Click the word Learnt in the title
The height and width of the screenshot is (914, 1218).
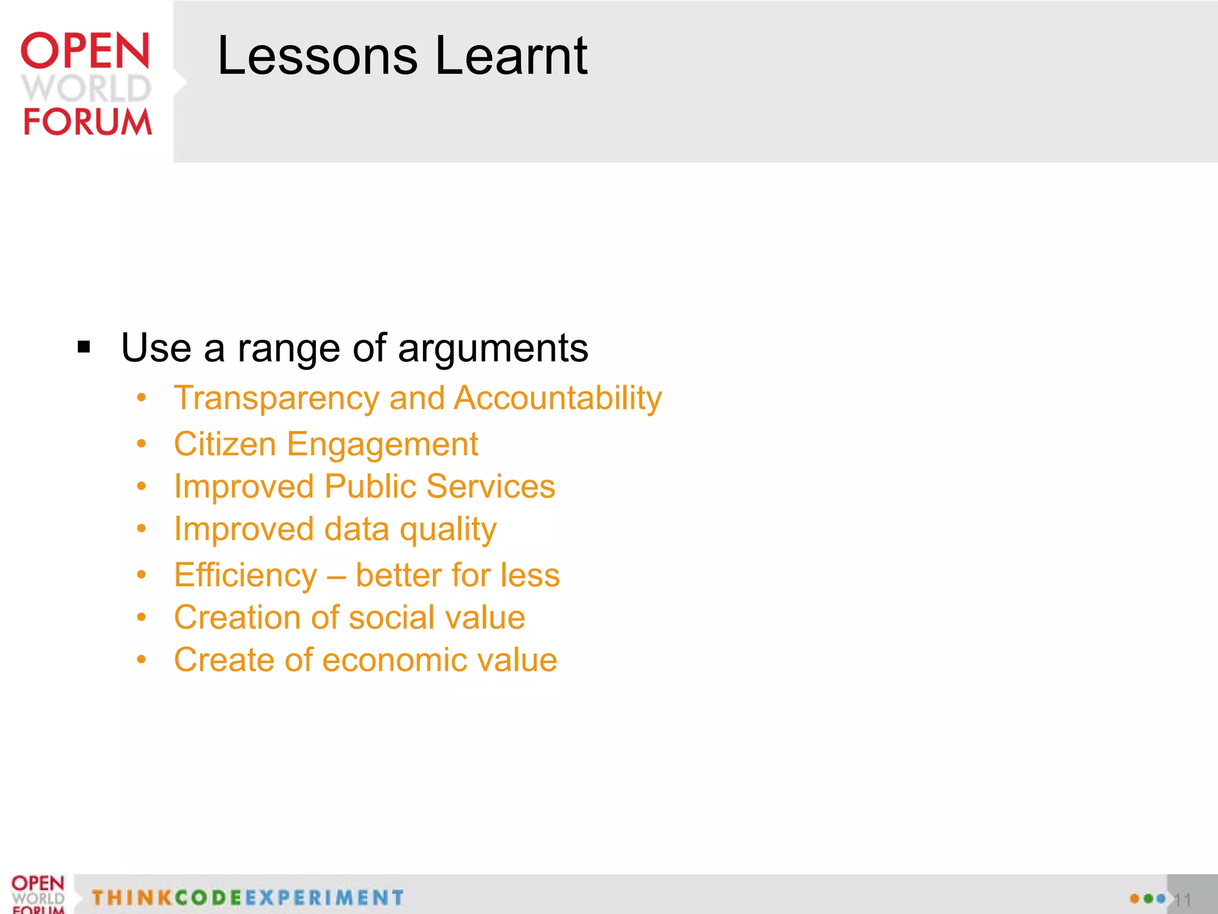coord(511,56)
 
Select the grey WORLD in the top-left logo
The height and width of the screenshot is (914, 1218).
coord(86,88)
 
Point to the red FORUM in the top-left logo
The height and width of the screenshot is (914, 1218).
coord(87,121)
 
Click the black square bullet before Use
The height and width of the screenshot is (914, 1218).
coord(84,347)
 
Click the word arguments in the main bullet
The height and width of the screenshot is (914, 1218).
coord(493,348)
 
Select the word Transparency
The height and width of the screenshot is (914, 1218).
coord(276,399)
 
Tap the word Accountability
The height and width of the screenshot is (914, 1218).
coord(557,399)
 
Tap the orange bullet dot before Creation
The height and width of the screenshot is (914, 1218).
coord(141,617)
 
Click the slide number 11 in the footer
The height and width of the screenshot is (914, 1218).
coord(1182,900)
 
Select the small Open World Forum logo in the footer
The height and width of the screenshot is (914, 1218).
coord(37,894)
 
